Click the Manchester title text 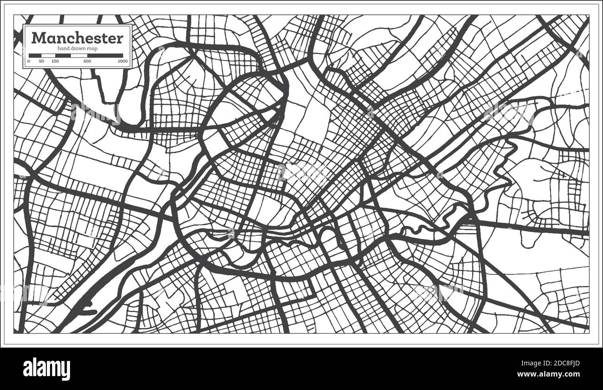77,38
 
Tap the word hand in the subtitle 63,49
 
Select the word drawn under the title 77,49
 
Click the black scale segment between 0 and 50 35,56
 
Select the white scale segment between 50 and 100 48,56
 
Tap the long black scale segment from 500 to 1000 105,56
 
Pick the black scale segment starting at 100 63,56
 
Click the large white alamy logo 46,369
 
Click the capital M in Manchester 38,38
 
